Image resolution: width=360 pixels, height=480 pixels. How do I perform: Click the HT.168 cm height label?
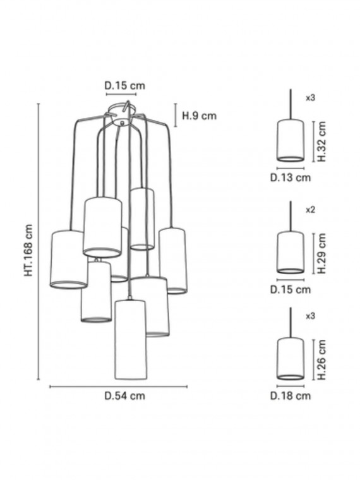pos(28,250)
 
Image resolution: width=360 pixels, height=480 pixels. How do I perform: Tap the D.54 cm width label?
pos(124,396)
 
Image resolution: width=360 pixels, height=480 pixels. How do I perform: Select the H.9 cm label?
pos(200,116)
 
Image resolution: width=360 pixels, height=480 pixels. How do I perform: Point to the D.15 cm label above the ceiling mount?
pos(124,85)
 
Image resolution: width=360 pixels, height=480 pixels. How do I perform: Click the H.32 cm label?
pos(321,141)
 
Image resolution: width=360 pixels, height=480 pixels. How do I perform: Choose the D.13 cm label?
pos(291,177)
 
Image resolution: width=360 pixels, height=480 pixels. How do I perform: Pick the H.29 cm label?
pos(321,253)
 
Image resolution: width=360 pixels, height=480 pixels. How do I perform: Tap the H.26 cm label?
pos(321,360)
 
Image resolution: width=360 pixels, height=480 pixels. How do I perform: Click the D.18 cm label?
pos(291,396)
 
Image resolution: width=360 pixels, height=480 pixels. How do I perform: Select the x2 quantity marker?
pos(310,210)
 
